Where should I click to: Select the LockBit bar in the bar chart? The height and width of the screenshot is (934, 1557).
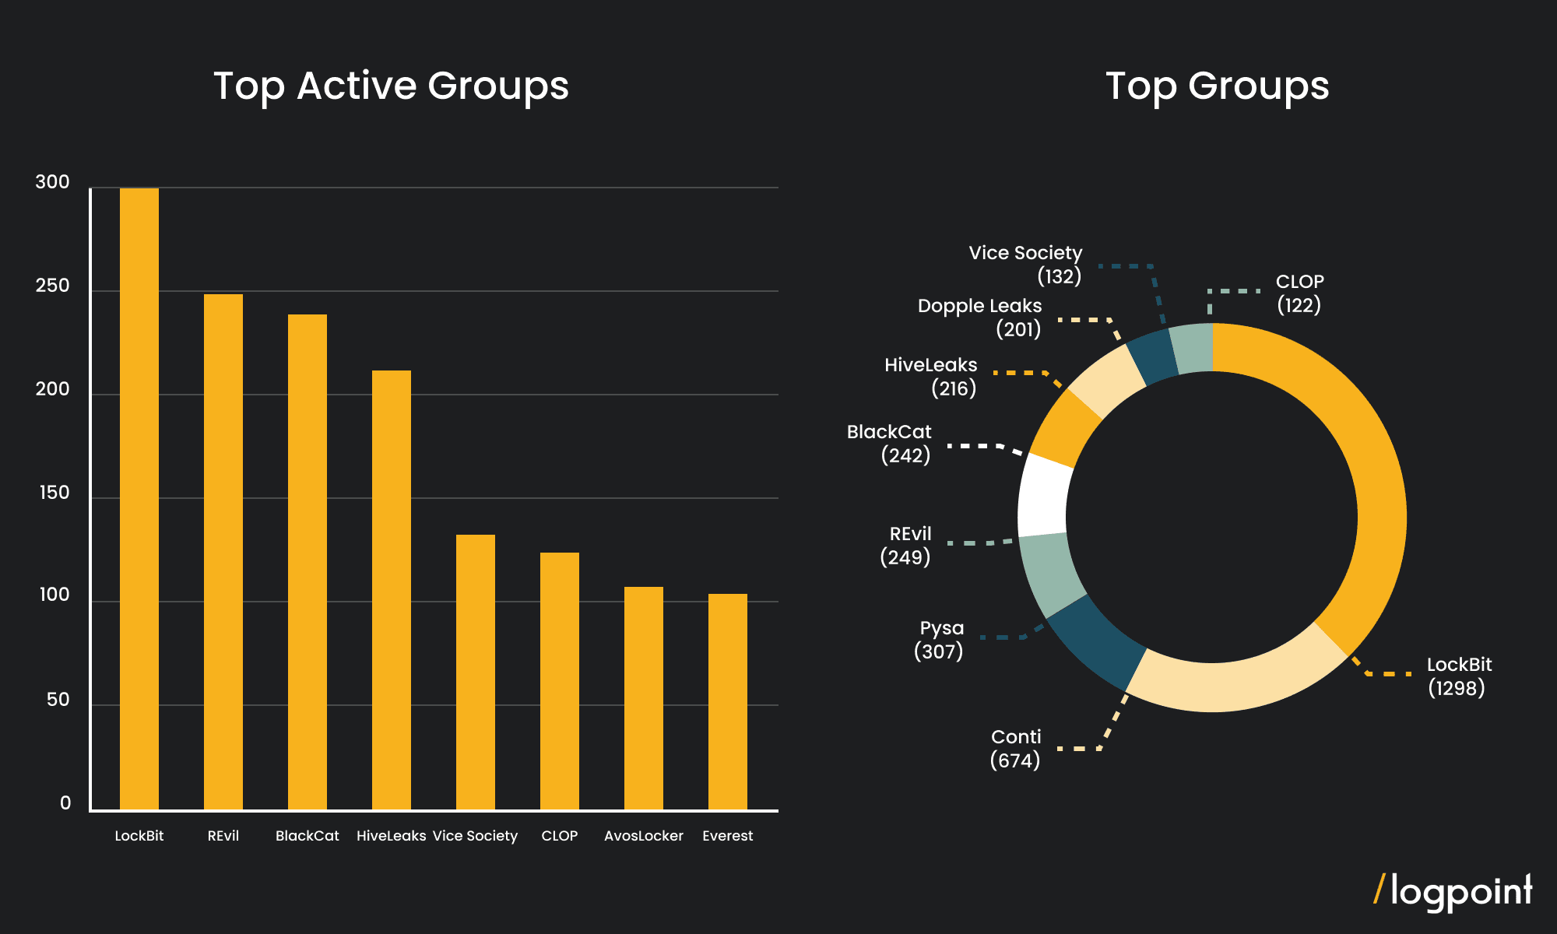point(139,498)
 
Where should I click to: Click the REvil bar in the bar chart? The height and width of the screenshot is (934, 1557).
point(223,552)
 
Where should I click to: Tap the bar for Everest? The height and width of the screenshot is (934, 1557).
point(728,701)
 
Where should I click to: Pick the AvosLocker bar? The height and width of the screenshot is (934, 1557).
point(644,698)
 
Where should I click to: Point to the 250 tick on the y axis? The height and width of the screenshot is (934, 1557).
point(52,286)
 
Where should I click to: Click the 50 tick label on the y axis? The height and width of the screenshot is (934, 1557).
point(58,700)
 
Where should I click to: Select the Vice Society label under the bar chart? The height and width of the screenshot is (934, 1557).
point(475,836)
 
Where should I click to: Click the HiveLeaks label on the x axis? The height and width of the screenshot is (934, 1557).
point(391,836)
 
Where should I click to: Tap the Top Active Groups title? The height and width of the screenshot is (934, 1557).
point(391,86)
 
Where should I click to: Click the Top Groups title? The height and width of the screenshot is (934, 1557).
point(1217,86)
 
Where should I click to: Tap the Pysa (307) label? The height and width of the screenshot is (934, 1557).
point(940,640)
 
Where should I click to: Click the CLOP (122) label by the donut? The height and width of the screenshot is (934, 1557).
point(1299,293)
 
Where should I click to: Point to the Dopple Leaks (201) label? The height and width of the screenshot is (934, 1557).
point(980,318)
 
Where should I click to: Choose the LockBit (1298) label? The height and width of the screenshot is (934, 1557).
point(1458,676)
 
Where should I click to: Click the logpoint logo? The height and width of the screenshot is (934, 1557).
point(1453,892)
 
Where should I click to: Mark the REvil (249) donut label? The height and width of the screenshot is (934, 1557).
point(906,546)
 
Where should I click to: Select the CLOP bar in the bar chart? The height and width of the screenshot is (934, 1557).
point(560,681)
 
